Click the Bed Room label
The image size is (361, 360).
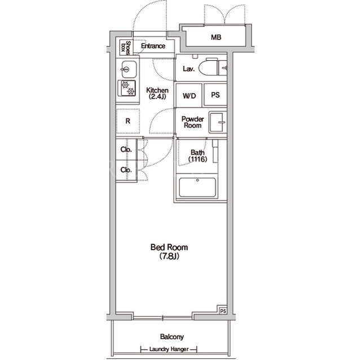point(169,251)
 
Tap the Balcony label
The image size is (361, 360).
point(172,337)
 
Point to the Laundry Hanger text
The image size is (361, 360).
point(169,349)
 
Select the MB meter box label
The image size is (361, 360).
point(216,37)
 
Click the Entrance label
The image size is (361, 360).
point(153,46)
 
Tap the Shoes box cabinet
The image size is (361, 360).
point(125,47)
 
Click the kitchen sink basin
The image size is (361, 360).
point(129,69)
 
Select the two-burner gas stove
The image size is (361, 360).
point(126,88)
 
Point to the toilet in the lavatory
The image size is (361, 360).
point(208,68)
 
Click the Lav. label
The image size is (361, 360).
point(189,69)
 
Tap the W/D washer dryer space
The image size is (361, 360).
point(189,95)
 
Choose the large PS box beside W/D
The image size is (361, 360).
point(215,95)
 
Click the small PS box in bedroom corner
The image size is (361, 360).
point(223,311)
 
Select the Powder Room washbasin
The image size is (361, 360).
point(218,122)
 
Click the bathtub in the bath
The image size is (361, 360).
point(197,187)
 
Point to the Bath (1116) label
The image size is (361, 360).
point(197,155)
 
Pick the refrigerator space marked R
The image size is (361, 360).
point(128,121)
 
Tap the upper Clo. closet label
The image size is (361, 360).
point(126,149)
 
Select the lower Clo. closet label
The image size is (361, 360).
point(126,170)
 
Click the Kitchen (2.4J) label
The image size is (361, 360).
point(157,94)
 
